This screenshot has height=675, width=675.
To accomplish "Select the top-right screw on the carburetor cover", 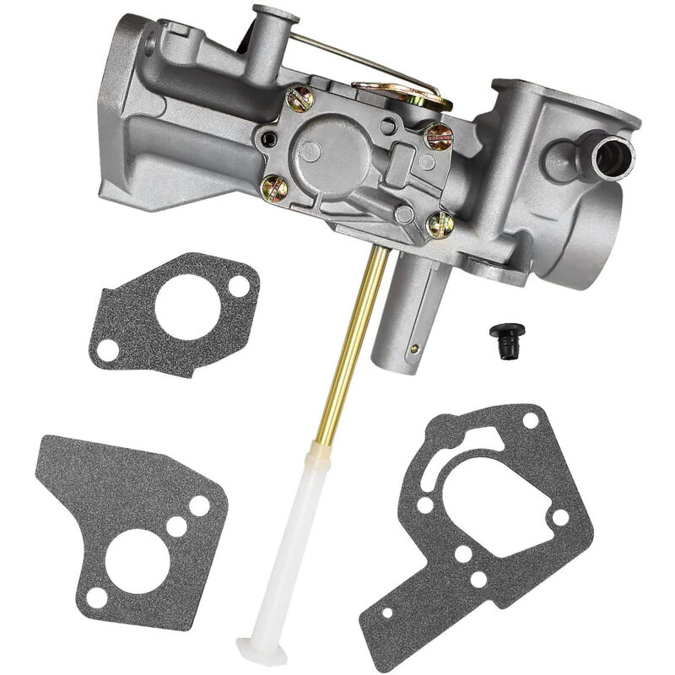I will point(438,136).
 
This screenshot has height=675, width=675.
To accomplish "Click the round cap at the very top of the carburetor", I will point(275,14).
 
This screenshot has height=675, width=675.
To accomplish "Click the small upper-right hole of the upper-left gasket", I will point(240,286).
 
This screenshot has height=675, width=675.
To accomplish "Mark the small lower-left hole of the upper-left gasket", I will point(108,348).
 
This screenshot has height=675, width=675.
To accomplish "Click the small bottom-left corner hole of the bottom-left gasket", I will point(97,598).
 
